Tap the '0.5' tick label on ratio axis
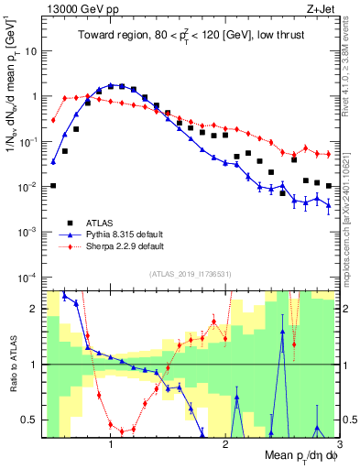pos(30,420)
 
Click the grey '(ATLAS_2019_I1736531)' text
pos(191,273)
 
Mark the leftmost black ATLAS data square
pos(53,186)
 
